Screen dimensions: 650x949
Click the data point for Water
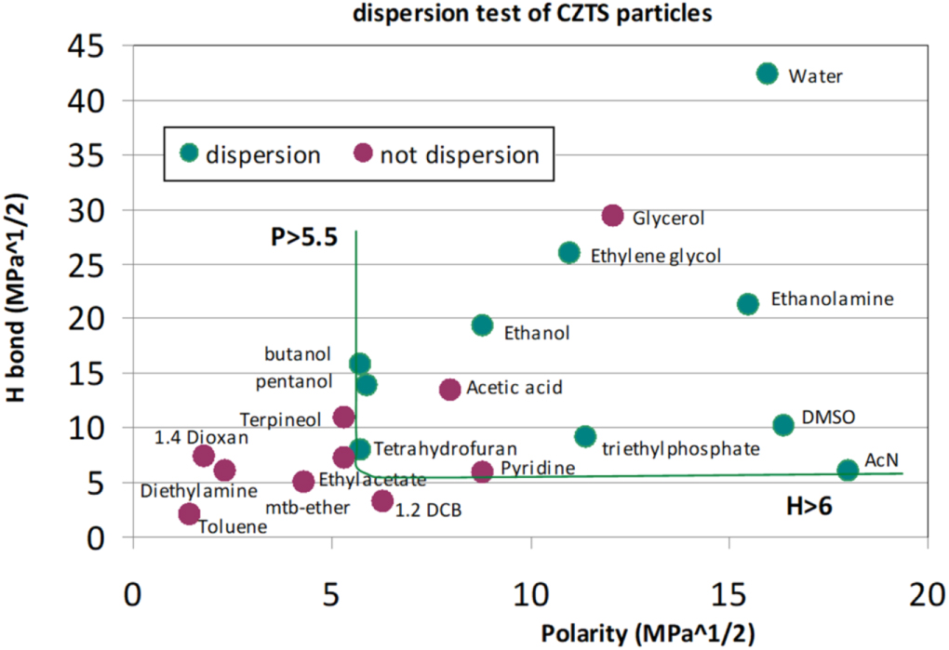(x=767, y=73)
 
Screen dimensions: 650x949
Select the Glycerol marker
(x=612, y=216)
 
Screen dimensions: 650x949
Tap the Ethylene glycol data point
(x=569, y=253)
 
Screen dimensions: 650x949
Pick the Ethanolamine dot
(x=748, y=304)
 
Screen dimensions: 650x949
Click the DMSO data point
(x=783, y=424)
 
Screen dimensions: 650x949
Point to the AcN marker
(x=848, y=471)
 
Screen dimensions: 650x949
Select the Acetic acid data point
(x=449, y=390)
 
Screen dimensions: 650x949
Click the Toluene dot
(x=189, y=513)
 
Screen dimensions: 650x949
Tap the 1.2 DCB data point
(x=382, y=501)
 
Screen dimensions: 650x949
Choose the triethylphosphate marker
(x=585, y=436)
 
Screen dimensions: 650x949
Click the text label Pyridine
(x=538, y=468)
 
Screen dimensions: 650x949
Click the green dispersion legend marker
(x=189, y=153)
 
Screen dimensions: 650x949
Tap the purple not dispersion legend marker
(x=363, y=153)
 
